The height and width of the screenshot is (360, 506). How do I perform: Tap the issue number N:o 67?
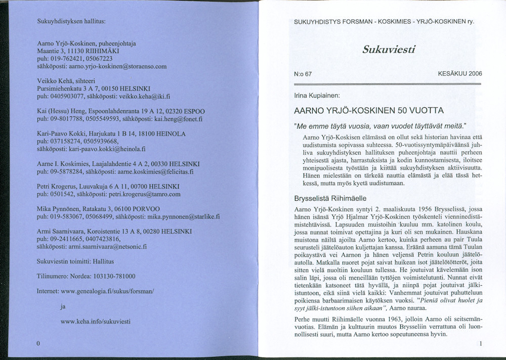click(303, 74)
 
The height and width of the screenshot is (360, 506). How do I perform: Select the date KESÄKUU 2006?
click(460, 74)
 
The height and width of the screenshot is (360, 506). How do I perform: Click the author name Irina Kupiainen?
click(317, 95)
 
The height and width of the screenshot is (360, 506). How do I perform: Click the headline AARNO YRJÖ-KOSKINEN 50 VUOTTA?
click(369, 110)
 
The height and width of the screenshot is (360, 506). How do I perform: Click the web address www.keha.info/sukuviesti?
click(96, 321)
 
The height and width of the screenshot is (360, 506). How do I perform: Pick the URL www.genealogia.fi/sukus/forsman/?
click(107, 292)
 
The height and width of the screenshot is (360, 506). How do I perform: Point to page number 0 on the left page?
click(38, 344)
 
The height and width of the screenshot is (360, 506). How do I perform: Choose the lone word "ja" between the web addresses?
click(63, 306)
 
